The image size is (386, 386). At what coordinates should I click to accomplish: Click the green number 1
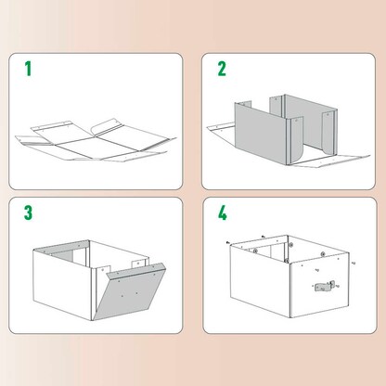[27, 69]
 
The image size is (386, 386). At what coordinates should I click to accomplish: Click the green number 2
[222, 69]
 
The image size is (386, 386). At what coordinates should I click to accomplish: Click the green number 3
[28, 212]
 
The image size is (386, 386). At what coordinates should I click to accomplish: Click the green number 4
[223, 212]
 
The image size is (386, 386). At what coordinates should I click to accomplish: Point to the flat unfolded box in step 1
[93, 139]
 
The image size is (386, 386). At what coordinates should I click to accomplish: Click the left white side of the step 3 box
[60, 278]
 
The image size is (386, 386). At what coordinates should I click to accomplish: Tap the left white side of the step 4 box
[260, 283]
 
